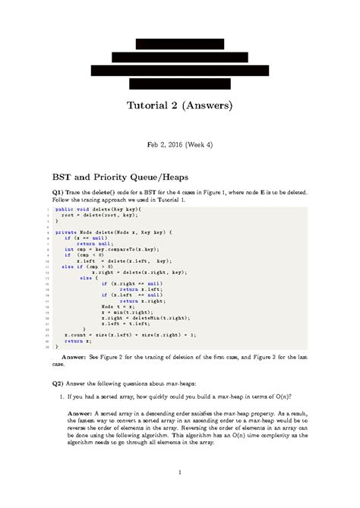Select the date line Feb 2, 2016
tap(167, 143)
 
